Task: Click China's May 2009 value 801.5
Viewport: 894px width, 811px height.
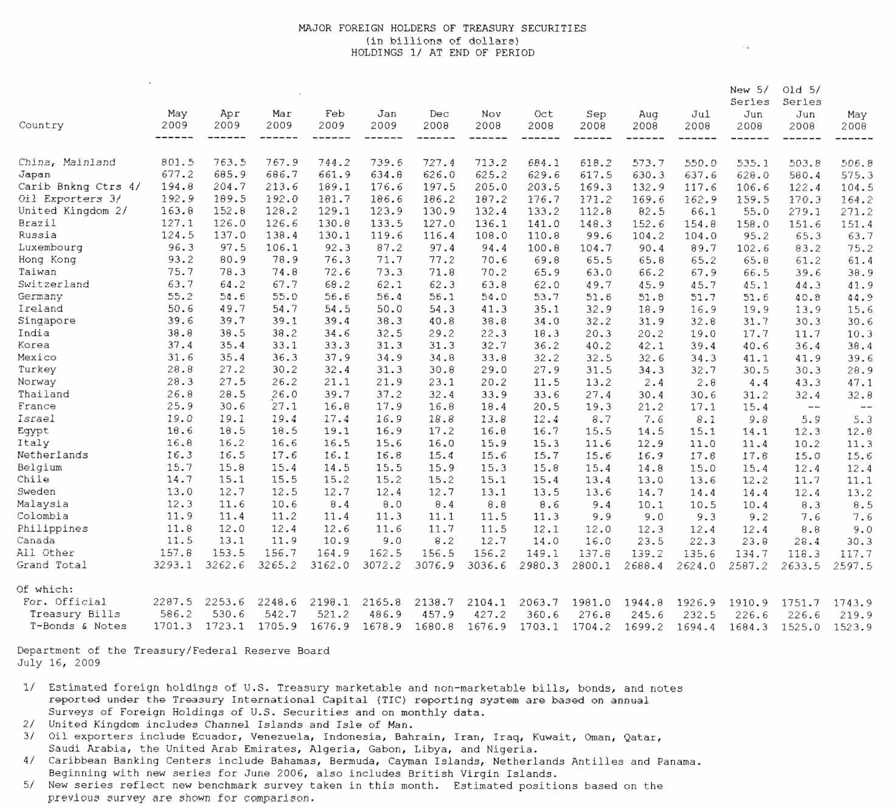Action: [x=178, y=162]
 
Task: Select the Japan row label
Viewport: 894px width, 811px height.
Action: [x=34, y=175]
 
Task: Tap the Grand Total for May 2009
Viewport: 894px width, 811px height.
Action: [x=173, y=565]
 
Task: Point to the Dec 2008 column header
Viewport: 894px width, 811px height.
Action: [x=437, y=120]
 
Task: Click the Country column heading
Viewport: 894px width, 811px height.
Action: [x=41, y=125]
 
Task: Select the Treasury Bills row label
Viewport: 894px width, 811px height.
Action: [x=75, y=614]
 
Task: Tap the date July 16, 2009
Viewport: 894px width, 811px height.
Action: [x=58, y=663]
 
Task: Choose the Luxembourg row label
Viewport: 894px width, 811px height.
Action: [x=50, y=248]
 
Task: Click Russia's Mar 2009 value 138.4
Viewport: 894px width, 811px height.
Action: [x=282, y=235]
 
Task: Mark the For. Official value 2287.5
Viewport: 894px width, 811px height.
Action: [x=173, y=602]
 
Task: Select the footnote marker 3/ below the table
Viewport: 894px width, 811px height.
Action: [x=29, y=736]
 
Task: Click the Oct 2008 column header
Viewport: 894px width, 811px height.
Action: [x=541, y=120]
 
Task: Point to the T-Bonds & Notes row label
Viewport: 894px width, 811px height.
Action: [x=78, y=626]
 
